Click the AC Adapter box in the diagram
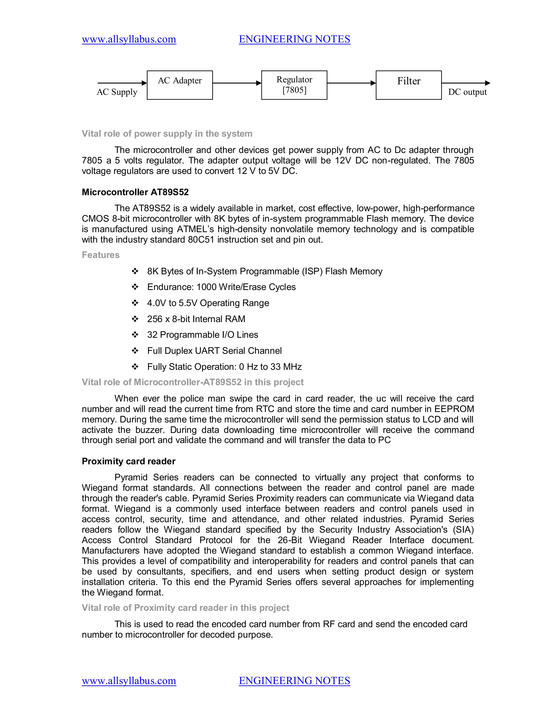[x=179, y=85]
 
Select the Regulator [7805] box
[x=294, y=85]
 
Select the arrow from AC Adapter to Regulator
[x=237, y=83]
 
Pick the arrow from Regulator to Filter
[x=351, y=83]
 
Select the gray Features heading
[x=100, y=255]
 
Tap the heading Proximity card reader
[x=128, y=461]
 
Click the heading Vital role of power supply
[x=167, y=134]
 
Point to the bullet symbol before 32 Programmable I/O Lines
[x=135, y=335]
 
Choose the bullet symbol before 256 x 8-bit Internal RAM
[x=135, y=319]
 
